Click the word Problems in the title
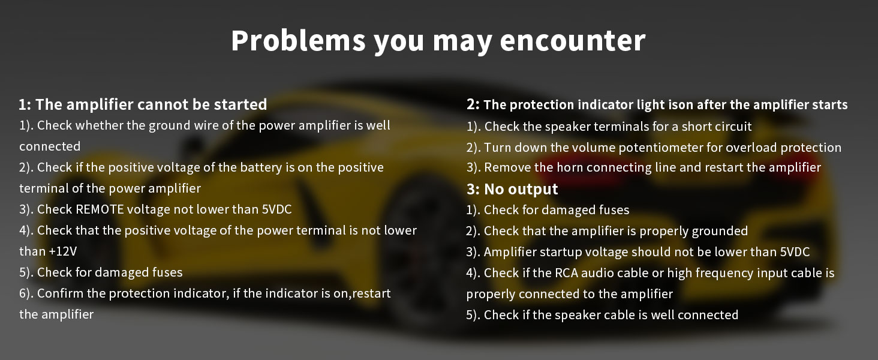pos(298,40)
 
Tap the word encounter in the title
pos(573,41)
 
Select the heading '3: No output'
pos(512,189)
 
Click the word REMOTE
pos(100,209)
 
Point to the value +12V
pos(63,251)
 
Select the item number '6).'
pos(26,294)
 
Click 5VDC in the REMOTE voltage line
pos(276,209)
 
